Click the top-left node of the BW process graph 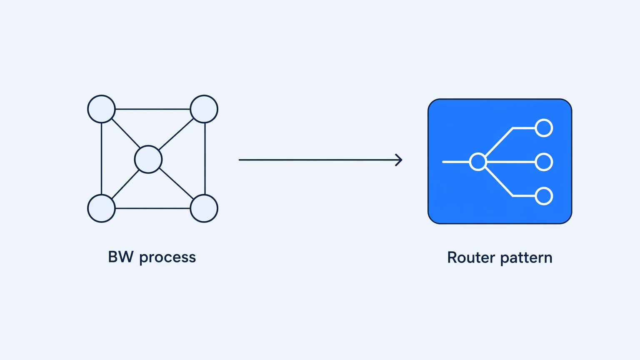101,109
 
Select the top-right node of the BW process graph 204,109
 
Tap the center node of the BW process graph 148,160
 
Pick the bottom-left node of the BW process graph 101,208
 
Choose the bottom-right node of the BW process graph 204,208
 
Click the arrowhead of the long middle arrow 400,160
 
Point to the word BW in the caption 121,257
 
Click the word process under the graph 168,258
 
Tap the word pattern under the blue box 526,259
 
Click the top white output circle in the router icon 543,128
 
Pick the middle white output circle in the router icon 543,162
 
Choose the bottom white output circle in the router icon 543,196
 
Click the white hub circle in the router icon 478,162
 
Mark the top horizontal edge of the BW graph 152,109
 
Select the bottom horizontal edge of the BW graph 152,208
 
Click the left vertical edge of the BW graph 101,159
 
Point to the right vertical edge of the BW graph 205,159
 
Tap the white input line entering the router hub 456,162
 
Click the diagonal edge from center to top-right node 176,134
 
